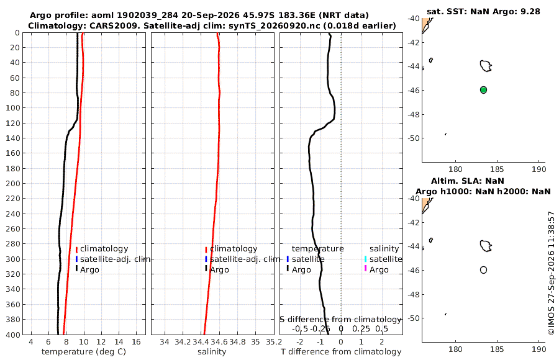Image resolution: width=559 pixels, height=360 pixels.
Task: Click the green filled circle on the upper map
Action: [x=483, y=90]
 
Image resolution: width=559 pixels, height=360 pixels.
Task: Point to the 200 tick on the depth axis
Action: [x=13, y=183]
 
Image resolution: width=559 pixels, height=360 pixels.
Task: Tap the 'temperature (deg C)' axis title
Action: [x=84, y=352]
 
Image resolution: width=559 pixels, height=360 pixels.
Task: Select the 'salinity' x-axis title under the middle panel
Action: [x=212, y=352]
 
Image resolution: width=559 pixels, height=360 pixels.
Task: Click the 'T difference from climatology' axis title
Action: [x=341, y=352]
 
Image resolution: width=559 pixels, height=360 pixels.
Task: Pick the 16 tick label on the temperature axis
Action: [x=136, y=342]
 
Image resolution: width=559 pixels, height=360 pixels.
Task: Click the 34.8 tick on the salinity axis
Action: [x=237, y=342]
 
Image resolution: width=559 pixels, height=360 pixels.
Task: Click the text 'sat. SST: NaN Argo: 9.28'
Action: [x=483, y=11]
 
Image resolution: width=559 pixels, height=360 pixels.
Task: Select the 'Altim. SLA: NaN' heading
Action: [x=467, y=181]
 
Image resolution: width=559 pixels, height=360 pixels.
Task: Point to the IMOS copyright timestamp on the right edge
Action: [x=552, y=273]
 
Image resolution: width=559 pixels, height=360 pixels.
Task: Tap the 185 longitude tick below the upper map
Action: [x=497, y=169]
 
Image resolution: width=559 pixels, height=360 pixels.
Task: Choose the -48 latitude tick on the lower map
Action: [x=414, y=294]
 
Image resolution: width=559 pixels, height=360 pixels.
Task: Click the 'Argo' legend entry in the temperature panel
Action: [x=89, y=270]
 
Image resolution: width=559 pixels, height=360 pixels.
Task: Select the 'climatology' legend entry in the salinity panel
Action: [x=234, y=249]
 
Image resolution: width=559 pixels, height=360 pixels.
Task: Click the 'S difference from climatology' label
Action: [x=340, y=320]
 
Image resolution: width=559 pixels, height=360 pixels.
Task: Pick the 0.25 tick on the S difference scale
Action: [x=361, y=328]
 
